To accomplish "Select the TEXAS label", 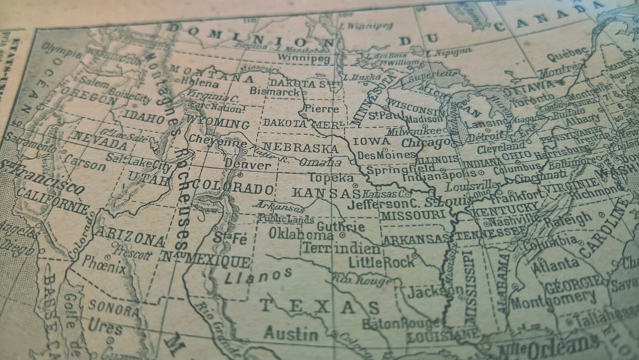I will (x=320, y=307).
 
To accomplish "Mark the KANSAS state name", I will (x=326, y=193).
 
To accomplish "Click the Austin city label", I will (x=291, y=333).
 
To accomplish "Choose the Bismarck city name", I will (x=275, y=91).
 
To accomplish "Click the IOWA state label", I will (x=372, y=141).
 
